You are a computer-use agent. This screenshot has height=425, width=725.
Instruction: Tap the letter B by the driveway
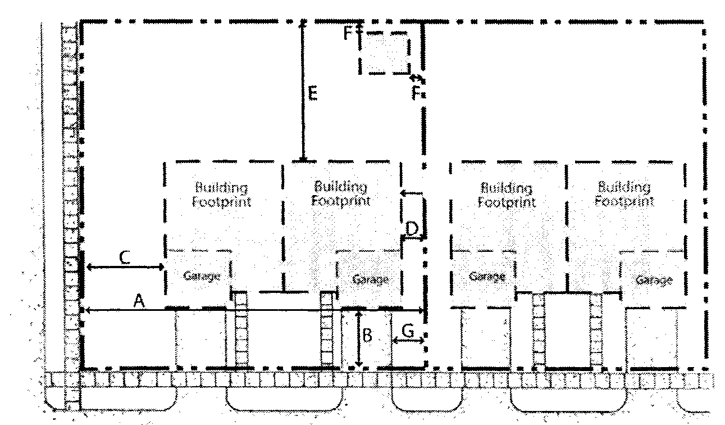tap(367, 336)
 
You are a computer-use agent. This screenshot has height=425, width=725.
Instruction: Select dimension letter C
tap(125, 257)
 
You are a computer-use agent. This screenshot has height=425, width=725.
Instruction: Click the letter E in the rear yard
tap(313, 94)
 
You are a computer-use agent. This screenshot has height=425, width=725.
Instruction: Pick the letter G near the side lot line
tap(408, 331)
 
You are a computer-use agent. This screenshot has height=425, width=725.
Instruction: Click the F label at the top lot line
tap(348, 33)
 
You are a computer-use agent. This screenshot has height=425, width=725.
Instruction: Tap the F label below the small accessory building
tap(416, 93)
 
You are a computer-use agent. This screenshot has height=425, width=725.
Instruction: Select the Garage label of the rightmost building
tap(654, 280)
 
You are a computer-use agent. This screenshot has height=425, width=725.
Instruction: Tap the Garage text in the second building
tap(370, 279)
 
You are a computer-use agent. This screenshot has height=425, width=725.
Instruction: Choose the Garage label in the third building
tap(487, 277)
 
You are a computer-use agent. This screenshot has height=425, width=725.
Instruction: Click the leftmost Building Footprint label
tap(222, 195)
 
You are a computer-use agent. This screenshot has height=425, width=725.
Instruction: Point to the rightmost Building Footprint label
tap(624, 194)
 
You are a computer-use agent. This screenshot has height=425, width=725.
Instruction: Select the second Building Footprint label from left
tap(341, 193)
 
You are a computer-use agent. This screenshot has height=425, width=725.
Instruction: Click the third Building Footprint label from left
tap(507, 195)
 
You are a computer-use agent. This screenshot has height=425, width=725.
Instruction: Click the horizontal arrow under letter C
tap(125, 267)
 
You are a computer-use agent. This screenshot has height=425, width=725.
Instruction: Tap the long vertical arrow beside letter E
tap(303, 91)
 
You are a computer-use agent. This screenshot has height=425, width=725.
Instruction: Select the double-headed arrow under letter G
tap(408, 341)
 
